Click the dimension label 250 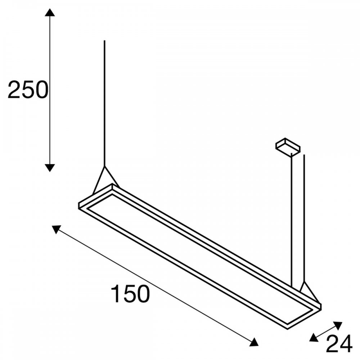coord(28,90)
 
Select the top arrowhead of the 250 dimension coord(50,12)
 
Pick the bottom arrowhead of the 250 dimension coord(50,168)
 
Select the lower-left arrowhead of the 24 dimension coord(314,338)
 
